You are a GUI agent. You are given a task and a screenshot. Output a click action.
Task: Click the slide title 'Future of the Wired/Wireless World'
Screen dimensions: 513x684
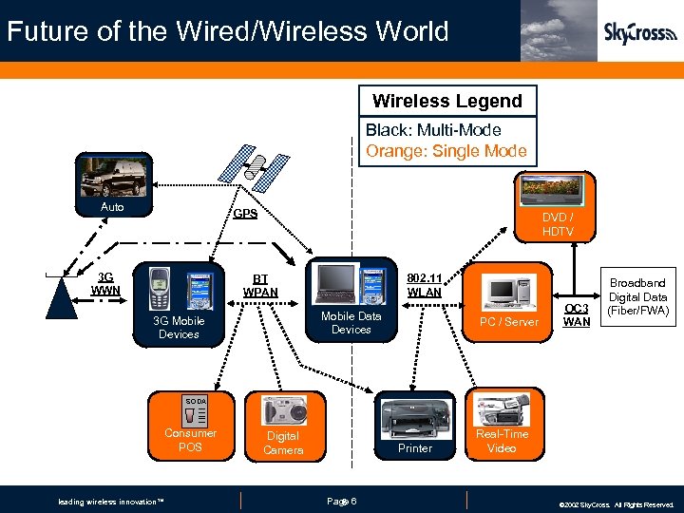tap(227, 31)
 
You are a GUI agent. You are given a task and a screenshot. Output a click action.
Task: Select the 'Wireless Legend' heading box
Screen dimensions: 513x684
tap(446, 101)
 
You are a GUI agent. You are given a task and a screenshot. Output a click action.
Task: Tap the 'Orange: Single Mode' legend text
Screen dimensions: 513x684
tap(446, 150)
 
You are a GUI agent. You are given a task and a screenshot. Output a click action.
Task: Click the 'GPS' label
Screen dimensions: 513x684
tap(246, 214)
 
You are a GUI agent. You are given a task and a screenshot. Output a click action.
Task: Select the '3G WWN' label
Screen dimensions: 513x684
tap(105, 282)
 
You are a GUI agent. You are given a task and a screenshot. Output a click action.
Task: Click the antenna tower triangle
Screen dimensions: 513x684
tap(63, 299)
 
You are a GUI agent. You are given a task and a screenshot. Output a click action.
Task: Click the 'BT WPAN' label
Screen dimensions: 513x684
tap(259, 284)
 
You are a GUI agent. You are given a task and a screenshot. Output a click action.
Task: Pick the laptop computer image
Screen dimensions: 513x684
tap(334, 282)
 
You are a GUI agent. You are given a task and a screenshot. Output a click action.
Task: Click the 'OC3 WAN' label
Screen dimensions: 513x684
tap(577, 314)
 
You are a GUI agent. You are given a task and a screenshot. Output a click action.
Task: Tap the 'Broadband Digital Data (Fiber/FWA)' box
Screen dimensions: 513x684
tap(637, 297)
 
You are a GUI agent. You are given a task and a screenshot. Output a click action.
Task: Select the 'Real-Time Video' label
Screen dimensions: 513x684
tap(503, 441)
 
